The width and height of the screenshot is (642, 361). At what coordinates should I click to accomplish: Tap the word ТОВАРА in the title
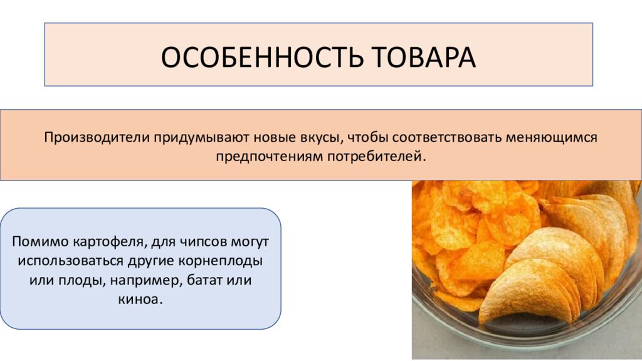click(426, 57)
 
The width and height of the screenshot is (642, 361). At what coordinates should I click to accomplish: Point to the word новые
click(270, 137)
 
